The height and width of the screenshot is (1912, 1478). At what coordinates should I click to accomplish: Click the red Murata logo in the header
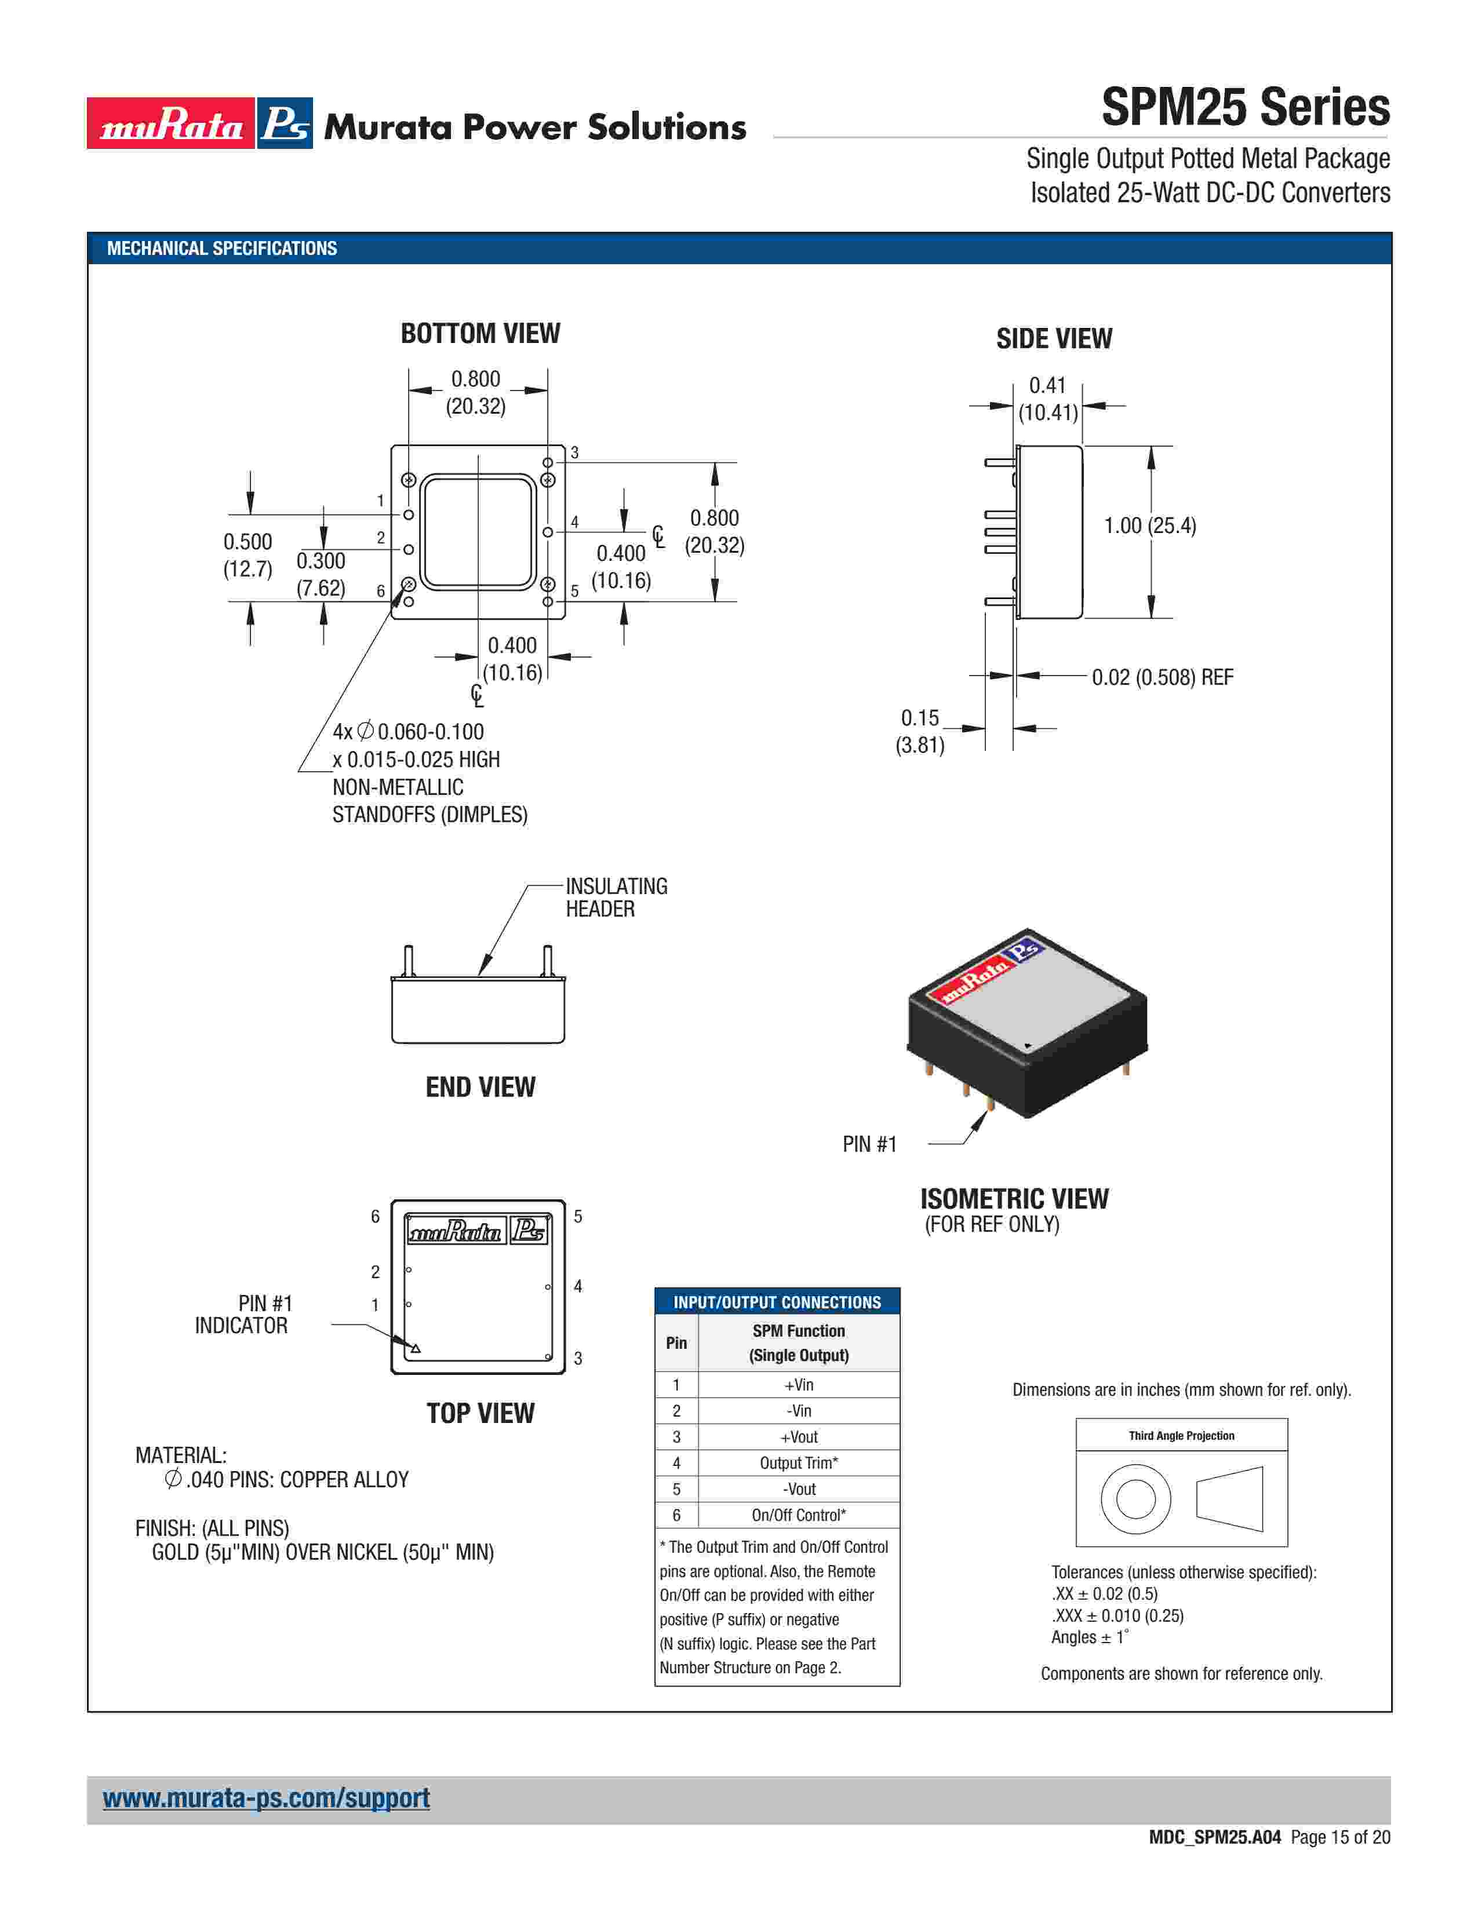(171, 123)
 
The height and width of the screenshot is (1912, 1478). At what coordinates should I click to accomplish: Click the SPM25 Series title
(1244, 108)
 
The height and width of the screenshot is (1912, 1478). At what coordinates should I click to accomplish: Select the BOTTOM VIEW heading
(480, 334)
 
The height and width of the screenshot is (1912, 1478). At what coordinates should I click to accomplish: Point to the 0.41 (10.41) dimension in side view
(1047, 399)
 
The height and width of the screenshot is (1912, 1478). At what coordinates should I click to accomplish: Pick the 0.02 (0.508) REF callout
(1162, 677)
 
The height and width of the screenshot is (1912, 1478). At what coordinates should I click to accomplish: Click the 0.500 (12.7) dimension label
(248, 555)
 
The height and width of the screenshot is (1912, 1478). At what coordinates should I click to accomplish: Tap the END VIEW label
(480, 1088)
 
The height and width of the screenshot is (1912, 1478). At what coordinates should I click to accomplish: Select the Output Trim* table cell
(799, 1463)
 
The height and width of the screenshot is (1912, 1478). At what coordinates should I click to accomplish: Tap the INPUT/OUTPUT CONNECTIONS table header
(777, 1302)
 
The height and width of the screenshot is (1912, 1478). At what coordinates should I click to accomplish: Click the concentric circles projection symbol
(1135, 1499)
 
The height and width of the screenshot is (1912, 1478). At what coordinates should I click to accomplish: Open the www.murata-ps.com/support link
(266, 1798)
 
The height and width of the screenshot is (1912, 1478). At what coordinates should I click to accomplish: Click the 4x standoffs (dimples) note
(429, 773)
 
